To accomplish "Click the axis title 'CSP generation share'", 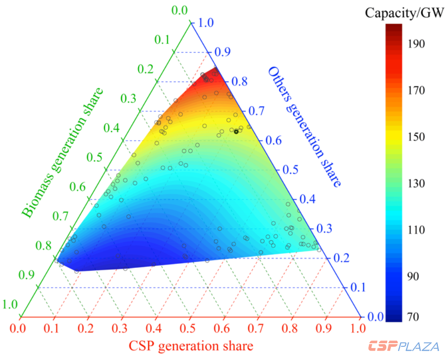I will pyautogui.click(x=191, y=346).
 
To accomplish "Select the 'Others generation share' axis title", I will pyautogui.click(x=304, y=127).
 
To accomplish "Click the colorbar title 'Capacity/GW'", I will pyautogui.click(x=404, y=13).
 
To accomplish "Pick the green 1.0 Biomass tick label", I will pyautogui.click(x=10, y=305).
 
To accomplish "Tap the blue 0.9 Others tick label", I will pyautogui.click(x=222, y=52).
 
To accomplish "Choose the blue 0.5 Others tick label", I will pyautogui.click(x=290, y=170).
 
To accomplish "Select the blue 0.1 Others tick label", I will pyautogui.click(x=358, y=287).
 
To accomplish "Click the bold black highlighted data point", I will pyautogui.click(x=236, y=131).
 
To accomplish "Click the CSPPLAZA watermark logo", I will pyautogui.click(x=404, y=346).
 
